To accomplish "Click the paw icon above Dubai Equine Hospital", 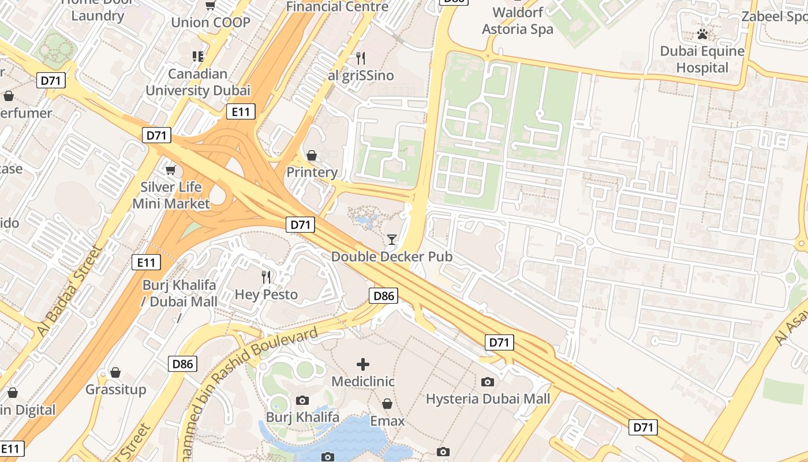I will point(702,34).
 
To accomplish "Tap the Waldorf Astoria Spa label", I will point(517,20).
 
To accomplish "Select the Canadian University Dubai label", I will point(198,82).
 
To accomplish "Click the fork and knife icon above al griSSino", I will point(361,58).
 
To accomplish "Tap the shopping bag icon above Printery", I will point(312,155).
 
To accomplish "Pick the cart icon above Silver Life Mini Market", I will point(171,170).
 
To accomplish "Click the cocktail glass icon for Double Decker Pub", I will point(392,239).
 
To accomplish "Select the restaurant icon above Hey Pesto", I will point(266,277).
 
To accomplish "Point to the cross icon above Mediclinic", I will point(363,364).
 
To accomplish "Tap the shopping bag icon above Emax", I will point(387,404).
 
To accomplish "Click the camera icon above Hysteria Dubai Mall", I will point(488,382).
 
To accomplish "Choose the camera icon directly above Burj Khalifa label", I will point(302,400).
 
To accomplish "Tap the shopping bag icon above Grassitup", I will point(115,372).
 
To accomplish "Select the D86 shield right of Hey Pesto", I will point(383,296).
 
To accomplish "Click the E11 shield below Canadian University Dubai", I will point(241,111).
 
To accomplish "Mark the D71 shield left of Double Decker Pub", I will point(300,225).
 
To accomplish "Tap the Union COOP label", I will point(211,23).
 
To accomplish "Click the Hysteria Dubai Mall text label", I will point(488,398).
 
